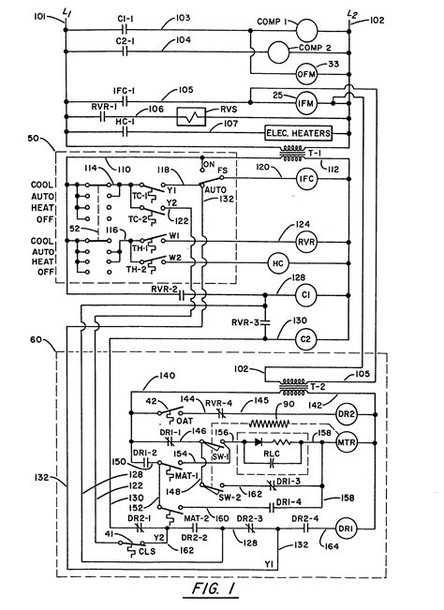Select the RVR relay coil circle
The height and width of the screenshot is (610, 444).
coord(304,243)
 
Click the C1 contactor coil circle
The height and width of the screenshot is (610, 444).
coord(304,293)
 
